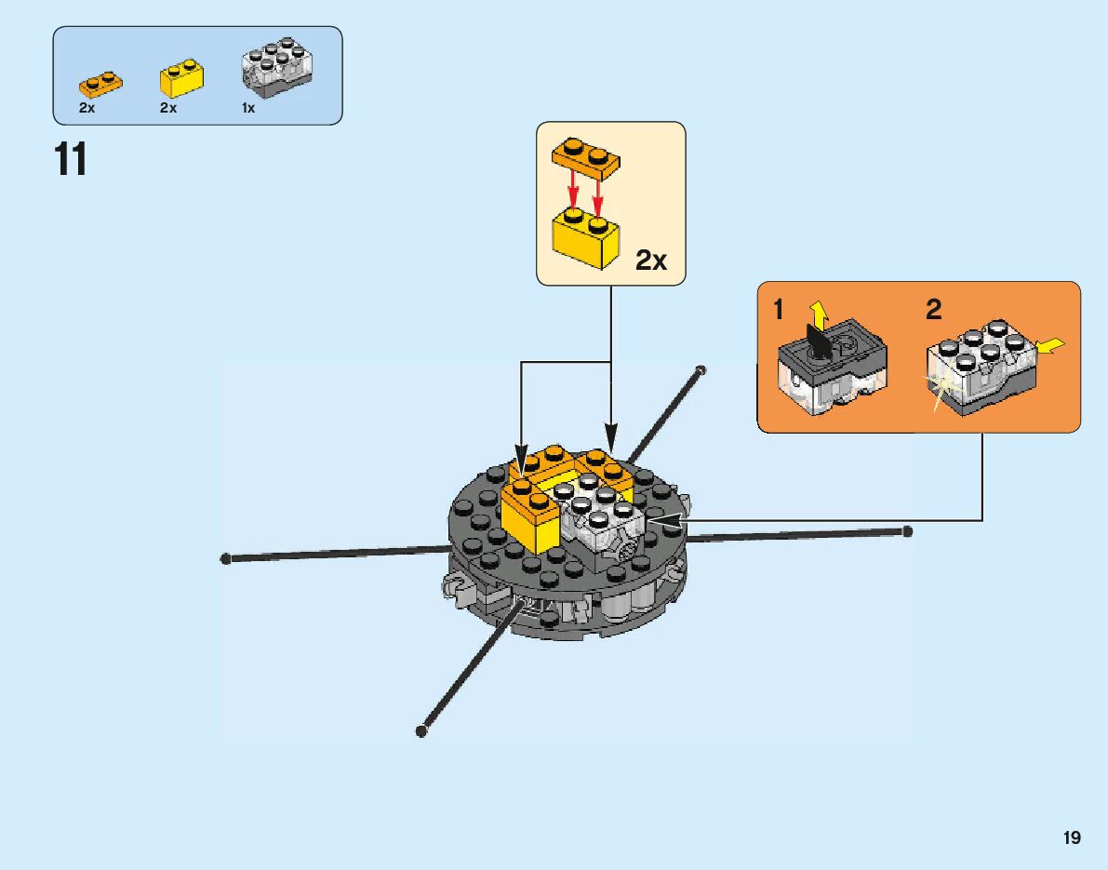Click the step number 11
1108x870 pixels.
[72, 159]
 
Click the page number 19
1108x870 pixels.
[1072, 838]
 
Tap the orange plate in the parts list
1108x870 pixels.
[100, 85]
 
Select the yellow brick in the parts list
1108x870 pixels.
[182, 79]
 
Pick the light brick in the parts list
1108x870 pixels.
[276, 70]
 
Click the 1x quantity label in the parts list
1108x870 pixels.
[247, 108]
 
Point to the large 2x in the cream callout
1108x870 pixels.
[651, 261]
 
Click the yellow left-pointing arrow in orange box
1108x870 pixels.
[1051, 347]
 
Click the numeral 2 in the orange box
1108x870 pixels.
[933, 311]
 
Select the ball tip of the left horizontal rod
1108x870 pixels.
[225, 558]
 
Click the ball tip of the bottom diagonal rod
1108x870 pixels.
[421, 731]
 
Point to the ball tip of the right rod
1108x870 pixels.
[907, 531]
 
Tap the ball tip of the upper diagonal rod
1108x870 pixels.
[701, 370]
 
